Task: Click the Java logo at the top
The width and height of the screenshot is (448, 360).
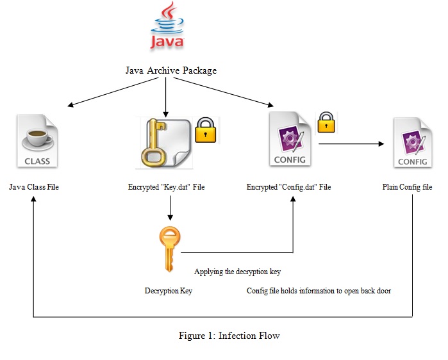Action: [x=167, y=27]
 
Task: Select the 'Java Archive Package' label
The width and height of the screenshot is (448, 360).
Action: [x=170, y=70]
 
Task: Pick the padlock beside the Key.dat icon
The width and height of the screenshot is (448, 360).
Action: [x=206, y=130]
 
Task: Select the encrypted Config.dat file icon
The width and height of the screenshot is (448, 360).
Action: [x=289, y=138]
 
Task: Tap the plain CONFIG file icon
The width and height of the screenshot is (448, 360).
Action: [x=412, y=142]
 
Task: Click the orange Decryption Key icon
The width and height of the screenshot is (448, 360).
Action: [x=170, y=250]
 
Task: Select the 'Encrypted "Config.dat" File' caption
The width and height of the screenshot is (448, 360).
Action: [x=289, y=187]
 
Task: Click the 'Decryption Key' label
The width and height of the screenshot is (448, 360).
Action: [x=169, y=291]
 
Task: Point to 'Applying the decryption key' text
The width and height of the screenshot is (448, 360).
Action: [x=237, y=272]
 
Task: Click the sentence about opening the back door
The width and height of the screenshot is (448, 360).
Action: [x=319, y=291]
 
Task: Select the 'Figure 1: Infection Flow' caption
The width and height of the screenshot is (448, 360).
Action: [x=229, y=336]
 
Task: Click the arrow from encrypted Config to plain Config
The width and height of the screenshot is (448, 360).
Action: [x=351, y=145]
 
